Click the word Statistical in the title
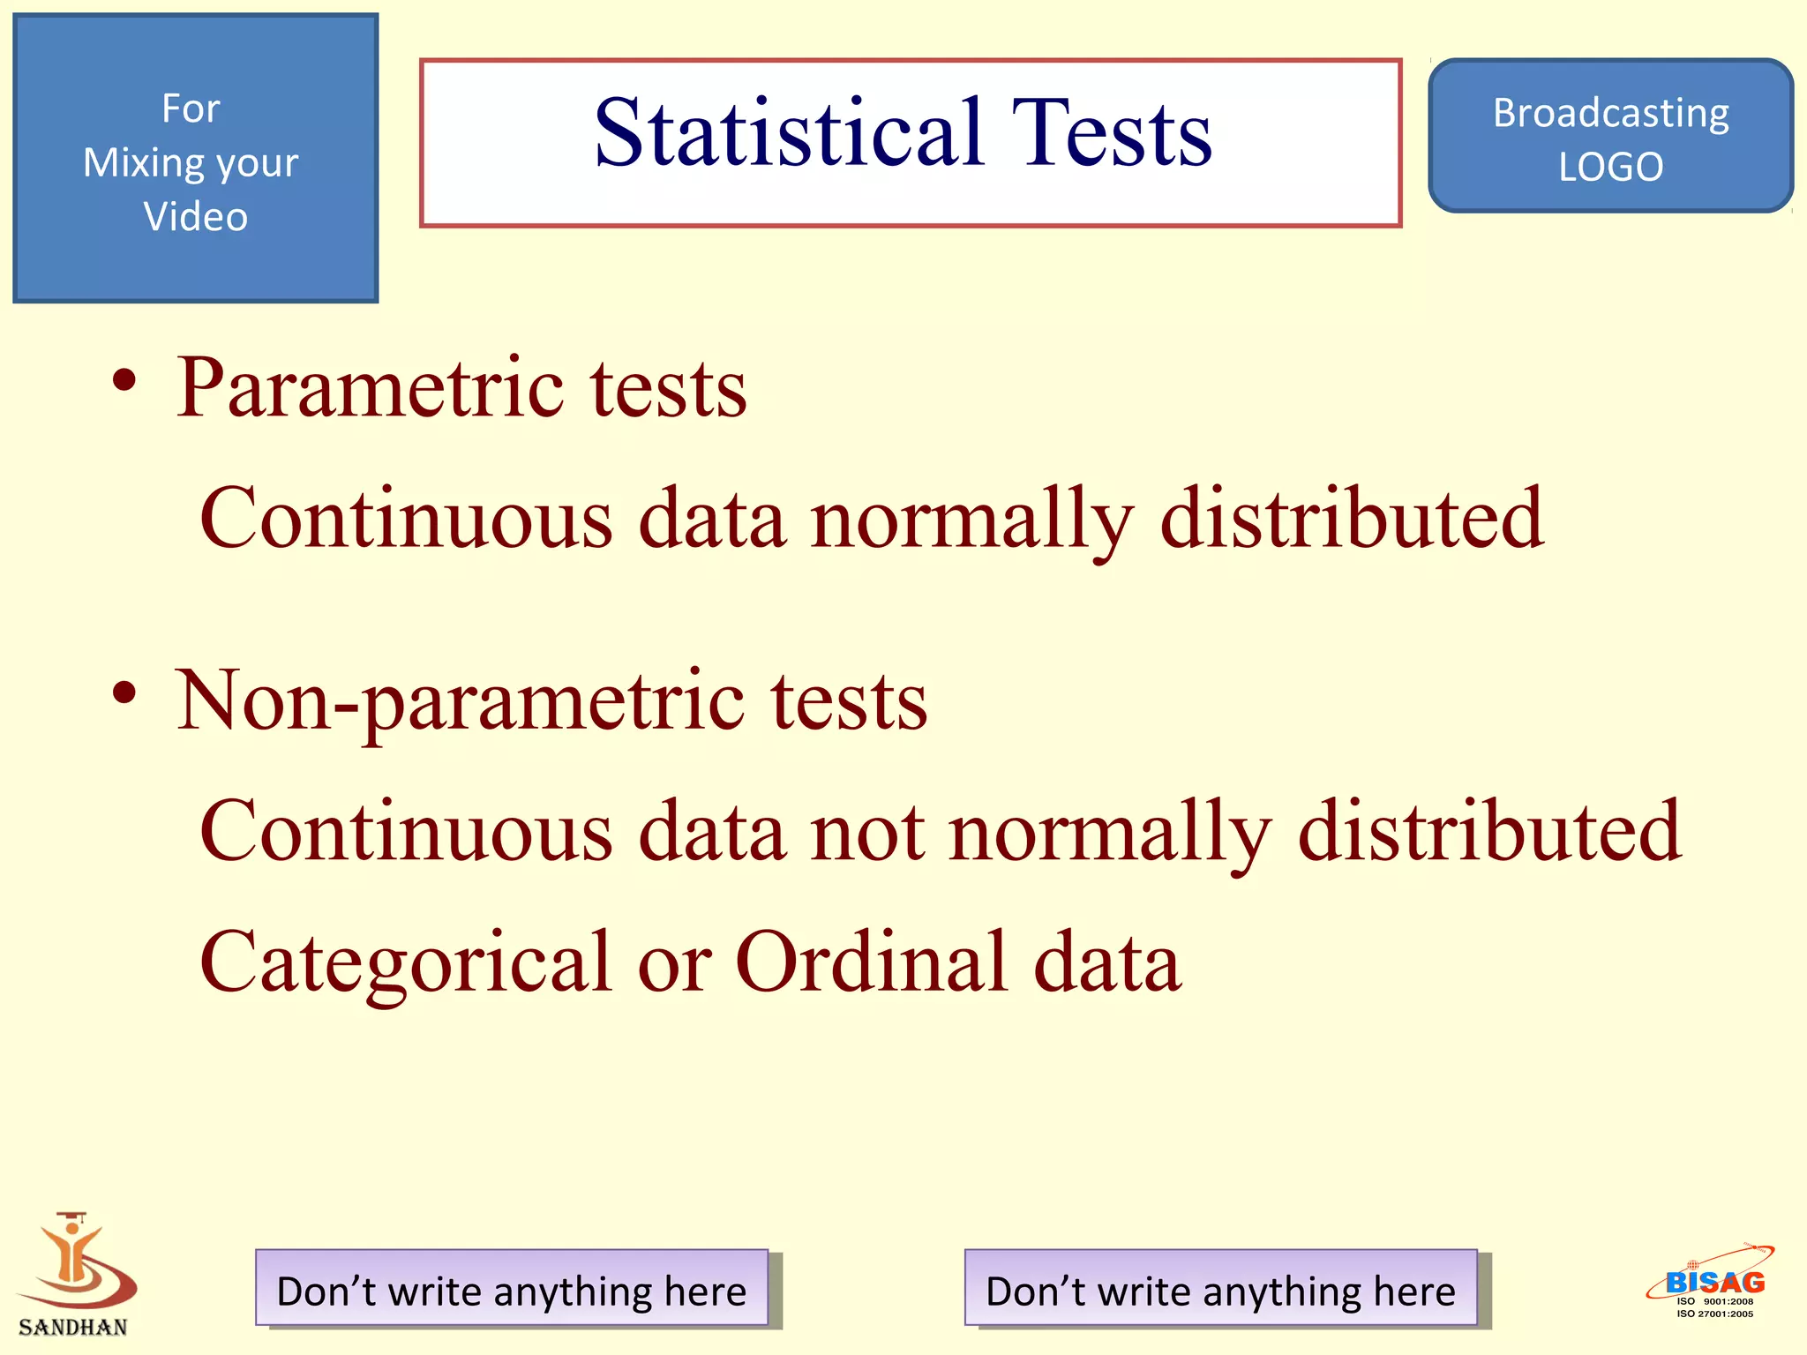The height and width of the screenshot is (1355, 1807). click(x=788, y=134)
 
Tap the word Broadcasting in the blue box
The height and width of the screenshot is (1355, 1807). click(x=1610, y=113)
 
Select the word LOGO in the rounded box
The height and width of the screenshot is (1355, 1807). click(x=1610, y=167)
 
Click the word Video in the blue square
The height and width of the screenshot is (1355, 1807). click(x=195, y=217)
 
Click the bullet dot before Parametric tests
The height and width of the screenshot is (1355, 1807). click(x=124, y=381)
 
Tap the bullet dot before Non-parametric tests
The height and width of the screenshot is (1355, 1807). click(x=124, y=692)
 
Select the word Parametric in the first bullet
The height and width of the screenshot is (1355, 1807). click(x=371, y=388)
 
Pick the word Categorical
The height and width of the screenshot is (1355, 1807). click(x=406, y=962)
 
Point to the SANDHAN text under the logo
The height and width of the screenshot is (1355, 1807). click(x=73, y=1327)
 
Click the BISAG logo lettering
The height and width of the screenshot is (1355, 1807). click(x=1714, y=1282)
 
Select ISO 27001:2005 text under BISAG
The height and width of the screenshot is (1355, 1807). click(x=1714, y=1314)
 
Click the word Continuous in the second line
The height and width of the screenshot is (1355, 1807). click(x=406, y=519)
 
